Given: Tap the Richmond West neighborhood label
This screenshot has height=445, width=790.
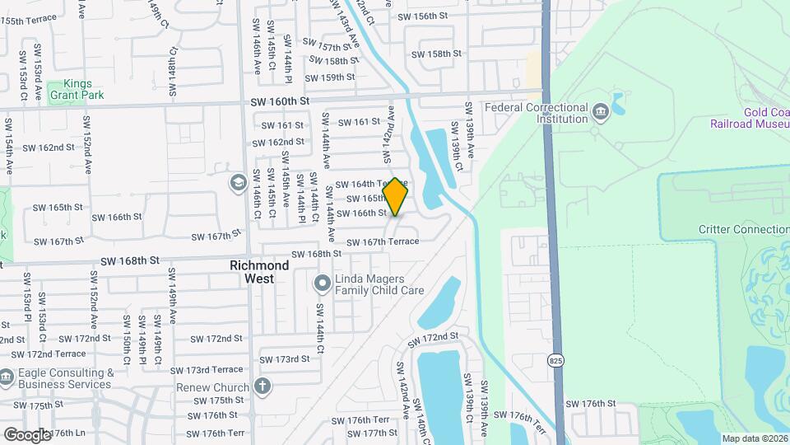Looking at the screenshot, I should [259, 273].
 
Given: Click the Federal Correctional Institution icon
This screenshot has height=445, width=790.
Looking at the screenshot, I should [599, 111].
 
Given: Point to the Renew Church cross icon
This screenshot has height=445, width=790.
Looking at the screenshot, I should [262, 386].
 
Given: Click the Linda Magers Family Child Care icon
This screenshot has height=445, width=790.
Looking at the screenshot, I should [323, 284].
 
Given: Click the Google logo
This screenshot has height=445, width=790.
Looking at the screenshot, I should [26, 434].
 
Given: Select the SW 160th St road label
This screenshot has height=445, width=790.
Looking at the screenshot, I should [280, 101].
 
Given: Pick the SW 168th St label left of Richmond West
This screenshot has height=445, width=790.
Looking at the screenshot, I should [129, 260].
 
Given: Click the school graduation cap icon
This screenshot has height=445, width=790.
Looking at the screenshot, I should [238, 181].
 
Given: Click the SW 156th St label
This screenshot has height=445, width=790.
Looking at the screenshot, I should [422, 16].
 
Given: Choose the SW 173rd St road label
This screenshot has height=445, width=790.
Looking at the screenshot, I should [285, 358].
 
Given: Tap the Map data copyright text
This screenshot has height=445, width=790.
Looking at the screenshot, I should [755, 438].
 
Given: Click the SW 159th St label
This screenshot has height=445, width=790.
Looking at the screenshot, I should [329, 77].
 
